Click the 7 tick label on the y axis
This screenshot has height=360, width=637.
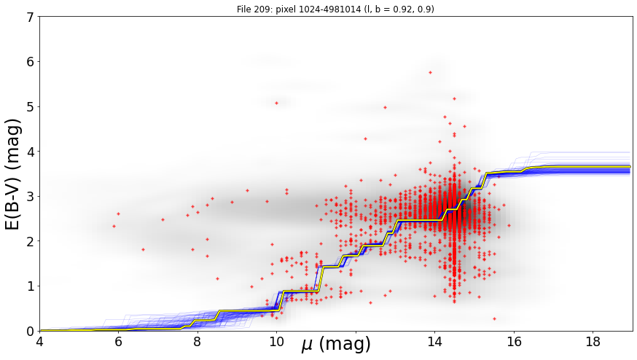point(30,17)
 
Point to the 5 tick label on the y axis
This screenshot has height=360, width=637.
point(30,107)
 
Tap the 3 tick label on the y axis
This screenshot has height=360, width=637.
point(30,197)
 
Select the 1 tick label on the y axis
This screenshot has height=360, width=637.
point(30,286)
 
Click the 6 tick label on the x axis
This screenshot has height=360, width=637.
point(118,341)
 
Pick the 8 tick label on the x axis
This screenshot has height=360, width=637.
point(198,341)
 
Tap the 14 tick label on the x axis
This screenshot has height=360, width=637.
point(434,341)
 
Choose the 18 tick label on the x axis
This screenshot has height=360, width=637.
point(593,341)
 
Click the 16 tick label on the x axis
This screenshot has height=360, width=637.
point(514,341)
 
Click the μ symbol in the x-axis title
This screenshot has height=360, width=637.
point(308,345)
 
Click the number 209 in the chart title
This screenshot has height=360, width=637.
point(259,9)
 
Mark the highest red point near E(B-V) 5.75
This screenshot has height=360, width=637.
point(430,73)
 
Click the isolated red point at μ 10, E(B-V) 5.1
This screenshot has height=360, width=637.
point(277,103)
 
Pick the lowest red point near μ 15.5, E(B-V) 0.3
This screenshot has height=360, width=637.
point(494,319)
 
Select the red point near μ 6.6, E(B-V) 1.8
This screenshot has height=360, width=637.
point(143,249)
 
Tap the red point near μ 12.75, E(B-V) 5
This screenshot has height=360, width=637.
point(385,108)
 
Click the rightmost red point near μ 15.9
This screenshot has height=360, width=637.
point(509,225)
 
